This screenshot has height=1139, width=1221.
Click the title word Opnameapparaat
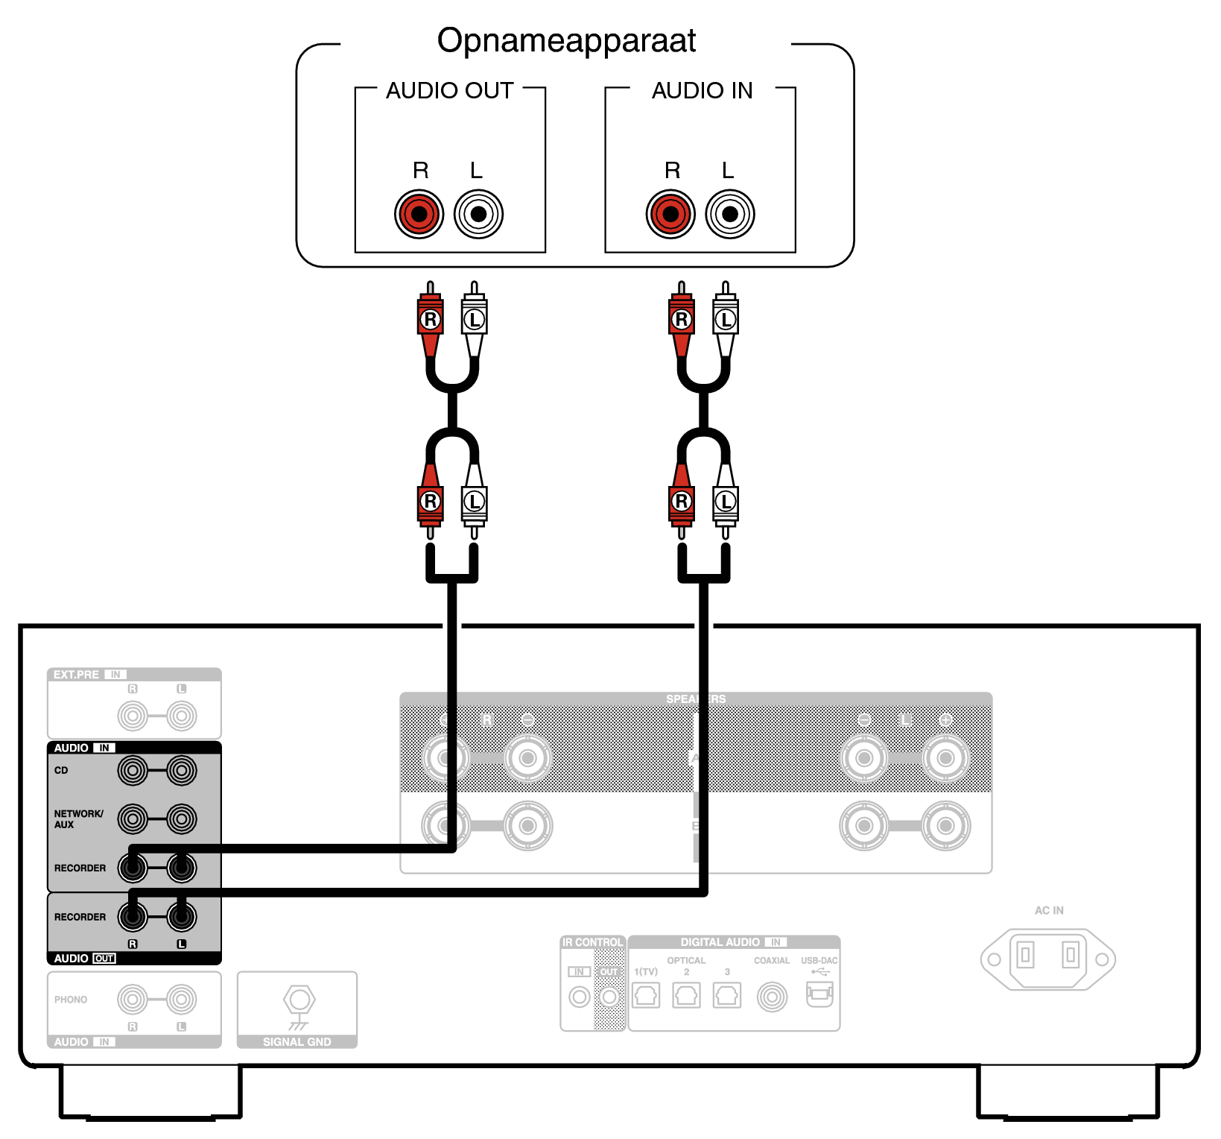click(566, 41)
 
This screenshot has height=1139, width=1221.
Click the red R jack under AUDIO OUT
click(419, 215)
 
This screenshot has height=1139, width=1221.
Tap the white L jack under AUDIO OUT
click(478, 215)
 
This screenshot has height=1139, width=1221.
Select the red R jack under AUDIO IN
click(670, 215)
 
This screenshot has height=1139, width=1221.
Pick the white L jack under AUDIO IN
click(730, 215)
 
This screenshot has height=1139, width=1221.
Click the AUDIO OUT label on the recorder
click(449, 90)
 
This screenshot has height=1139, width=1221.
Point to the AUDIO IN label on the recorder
click(702, 90)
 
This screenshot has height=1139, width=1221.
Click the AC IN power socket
click(1047, 959)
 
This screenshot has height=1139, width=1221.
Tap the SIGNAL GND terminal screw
click(299, 1000)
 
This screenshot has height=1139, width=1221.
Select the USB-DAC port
click(819, 994)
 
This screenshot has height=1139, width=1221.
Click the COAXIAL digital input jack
click(772, 997)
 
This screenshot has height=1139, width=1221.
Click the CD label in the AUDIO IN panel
click(61, 770)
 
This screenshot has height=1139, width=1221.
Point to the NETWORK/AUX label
click(77, 818)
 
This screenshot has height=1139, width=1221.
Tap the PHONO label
click(71, 1000)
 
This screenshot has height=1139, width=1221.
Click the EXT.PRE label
click(76, 675)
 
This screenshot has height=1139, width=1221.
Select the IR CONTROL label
click(592, 942)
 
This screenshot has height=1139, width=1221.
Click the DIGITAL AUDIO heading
click(720, 942)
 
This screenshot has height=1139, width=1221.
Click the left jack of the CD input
click(133, 770)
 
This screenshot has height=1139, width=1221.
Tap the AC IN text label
click(1049, 910)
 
